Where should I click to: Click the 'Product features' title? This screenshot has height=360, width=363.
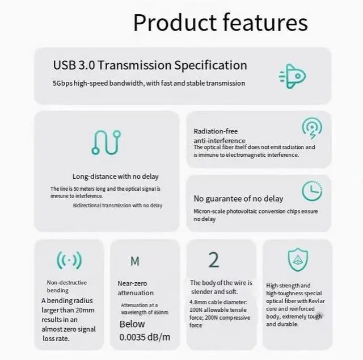220,23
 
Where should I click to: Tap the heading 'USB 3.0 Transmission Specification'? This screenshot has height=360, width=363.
150,65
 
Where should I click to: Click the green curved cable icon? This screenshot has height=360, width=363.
106,143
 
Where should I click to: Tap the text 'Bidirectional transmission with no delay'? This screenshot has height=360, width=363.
117,206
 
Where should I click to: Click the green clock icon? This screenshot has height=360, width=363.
312,191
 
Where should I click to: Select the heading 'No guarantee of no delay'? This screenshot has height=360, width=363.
238,199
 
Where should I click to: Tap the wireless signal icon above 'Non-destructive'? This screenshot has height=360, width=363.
69,261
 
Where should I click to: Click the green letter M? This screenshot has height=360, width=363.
134,261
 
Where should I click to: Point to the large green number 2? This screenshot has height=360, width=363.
213,260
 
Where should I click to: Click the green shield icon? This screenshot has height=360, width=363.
298,260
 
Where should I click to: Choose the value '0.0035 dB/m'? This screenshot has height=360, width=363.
145,337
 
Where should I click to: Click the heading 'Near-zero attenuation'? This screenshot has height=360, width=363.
136,288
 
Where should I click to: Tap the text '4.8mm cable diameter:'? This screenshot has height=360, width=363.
218,302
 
